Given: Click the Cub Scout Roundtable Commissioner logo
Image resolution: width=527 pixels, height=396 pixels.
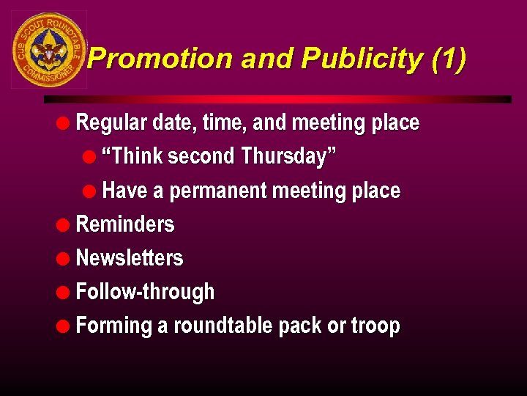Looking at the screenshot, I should point(49,50).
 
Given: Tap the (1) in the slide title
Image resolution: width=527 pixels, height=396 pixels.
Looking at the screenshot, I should point(448,59).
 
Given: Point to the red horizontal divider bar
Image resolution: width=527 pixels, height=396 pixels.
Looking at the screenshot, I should point(278,99).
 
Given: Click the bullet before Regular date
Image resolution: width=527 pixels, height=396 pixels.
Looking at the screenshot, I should point(64,122).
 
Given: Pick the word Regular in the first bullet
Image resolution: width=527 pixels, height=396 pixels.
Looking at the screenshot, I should point(111,122).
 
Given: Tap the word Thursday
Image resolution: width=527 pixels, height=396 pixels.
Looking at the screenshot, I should point(288,156).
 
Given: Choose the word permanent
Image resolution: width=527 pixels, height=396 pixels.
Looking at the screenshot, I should point(218,191).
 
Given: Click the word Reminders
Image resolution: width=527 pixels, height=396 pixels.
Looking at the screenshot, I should point(125,224).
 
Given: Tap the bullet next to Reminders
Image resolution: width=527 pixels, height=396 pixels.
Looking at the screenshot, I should point(64,224).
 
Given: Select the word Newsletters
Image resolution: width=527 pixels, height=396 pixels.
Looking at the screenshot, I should point(130,258).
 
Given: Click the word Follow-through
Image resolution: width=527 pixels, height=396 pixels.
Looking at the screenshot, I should point(145,292).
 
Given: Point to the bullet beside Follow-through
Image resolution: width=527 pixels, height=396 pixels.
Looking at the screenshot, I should point(64,292).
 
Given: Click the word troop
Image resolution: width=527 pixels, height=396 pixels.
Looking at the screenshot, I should point(375,326).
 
